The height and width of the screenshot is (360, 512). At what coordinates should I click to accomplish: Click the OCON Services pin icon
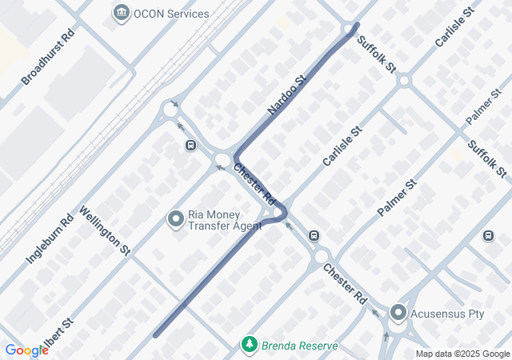(x=122, y=12)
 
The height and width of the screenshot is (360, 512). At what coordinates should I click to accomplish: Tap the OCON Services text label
(x=171, y=14)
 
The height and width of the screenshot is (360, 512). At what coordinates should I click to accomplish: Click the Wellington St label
(x=105, y=230)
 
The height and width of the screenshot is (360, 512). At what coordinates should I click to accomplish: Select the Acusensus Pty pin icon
(x=398, y=312)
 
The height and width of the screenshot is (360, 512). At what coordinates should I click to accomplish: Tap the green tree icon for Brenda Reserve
(x=250, y=346)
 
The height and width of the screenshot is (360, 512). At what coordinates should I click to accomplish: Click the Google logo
(x=26, y=350)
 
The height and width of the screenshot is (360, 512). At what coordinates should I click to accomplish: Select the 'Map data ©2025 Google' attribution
(x=462, y=354)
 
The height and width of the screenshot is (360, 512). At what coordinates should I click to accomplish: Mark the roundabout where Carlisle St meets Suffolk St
(x=404, y=81)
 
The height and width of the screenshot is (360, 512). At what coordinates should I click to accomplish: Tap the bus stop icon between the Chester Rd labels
(x=314, y=236)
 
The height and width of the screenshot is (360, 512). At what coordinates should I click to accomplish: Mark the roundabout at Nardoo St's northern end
(x=350, y=29)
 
